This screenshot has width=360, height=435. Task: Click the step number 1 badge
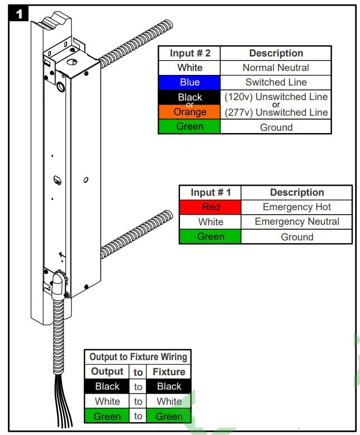click(x=19, y=14)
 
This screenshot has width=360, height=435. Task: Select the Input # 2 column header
click(x=190, y=53)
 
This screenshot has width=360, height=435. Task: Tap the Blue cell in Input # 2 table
click(x=190, y=82)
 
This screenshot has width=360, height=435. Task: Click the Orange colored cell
click(x=190, y=112)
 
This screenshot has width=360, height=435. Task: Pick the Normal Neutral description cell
click(x=276, y=68)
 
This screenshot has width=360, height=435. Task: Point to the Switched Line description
click(x=276, y=82)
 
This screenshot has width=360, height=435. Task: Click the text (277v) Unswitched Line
click(x=276, y=112)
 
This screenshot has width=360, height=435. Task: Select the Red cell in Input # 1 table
click(x=210, y=207)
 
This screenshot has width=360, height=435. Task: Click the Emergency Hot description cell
click(x=297, y=207)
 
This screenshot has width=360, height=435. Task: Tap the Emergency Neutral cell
click(x=297, y=221)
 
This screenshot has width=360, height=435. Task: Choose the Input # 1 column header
click(x=210, y=192)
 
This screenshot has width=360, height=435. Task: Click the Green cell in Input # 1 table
click(x=210, y=237)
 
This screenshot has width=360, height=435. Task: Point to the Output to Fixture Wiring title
click(x=138, y=357)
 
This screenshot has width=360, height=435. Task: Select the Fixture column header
click(x=169, y=372)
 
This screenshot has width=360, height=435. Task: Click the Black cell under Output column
click(x=107, y=386)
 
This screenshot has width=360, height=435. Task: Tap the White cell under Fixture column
click(x=169, y=401)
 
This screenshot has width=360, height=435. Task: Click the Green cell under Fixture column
click(x=169, y=416)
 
